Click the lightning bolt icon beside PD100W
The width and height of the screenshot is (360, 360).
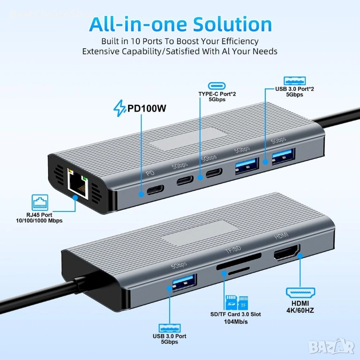(120, 109)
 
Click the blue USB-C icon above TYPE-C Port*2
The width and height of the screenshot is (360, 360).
(217, 86)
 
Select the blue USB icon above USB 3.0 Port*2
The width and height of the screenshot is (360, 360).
(294, 80)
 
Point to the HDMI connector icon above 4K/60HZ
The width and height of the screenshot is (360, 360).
(300, 293)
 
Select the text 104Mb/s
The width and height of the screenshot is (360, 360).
(236, 322)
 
